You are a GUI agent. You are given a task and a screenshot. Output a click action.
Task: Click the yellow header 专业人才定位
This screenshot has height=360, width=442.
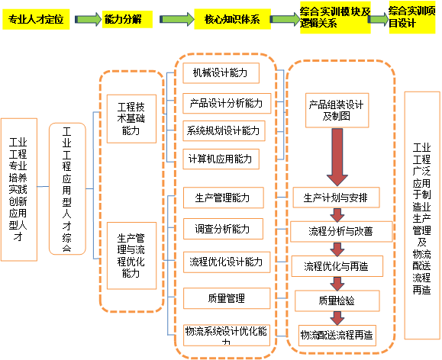(x=36, y=19)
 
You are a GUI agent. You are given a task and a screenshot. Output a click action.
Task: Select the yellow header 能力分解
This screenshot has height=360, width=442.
(x=127, y=19)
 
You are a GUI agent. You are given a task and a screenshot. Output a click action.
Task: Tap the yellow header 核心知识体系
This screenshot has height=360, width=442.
(x=232, y=19)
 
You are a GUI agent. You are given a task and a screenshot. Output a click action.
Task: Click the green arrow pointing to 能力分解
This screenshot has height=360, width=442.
(x=88, y=19)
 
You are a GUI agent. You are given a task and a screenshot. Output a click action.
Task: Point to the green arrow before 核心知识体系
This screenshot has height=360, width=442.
(x=177, y=19)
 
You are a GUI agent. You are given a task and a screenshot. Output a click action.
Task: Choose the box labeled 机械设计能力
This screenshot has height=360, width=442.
(x=221, y=73)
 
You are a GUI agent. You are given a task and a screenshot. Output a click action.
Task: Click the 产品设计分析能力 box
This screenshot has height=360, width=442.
(x=227, y=103)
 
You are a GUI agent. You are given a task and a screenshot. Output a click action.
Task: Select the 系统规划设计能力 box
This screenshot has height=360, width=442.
(x=224, y=130)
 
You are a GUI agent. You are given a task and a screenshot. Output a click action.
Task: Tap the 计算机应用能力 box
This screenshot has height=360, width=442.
(x=221, y=159)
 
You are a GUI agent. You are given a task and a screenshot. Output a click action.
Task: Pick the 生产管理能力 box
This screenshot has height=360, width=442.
(x=224, y=198)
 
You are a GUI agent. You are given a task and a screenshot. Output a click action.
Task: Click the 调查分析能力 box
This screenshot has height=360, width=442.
(x=223, y=229)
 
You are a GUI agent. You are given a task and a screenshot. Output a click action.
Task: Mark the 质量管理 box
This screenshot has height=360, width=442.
(x=227, y=298)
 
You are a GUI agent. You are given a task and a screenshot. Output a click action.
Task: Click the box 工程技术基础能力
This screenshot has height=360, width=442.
(x=131, y=119)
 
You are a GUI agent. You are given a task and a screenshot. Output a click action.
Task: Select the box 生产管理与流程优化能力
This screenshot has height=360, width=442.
(x=131, y=256)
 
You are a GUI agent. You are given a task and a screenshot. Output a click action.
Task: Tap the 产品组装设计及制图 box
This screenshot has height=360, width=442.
(x=337, y=111)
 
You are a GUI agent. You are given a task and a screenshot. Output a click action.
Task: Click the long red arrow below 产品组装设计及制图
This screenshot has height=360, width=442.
(x=337, y=156)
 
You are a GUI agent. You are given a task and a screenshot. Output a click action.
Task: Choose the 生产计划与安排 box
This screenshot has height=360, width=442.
(x=337, y=198)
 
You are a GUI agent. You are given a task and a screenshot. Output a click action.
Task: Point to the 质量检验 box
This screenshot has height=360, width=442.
(x=337, y=301)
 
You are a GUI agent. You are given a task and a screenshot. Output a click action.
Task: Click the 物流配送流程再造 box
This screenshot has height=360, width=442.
(x=337, y=335)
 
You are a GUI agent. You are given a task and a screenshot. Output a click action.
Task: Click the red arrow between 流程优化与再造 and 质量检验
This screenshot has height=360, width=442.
(x=337, y=284)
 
